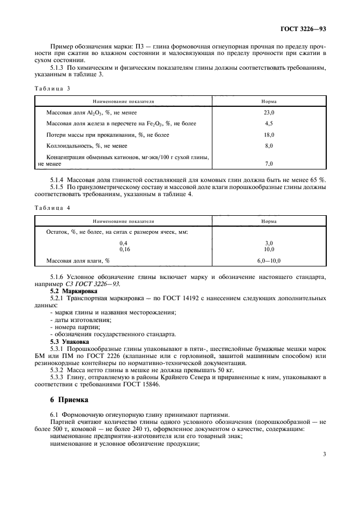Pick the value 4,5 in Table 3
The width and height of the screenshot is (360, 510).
point(269,123)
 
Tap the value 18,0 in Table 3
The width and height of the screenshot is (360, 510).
point(269,135)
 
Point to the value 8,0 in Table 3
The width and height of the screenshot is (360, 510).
point(269,146)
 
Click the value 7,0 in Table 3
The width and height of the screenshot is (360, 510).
point(269,163)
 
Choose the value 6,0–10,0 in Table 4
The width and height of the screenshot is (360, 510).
point(269,260)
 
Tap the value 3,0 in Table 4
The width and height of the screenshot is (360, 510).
point(269,243)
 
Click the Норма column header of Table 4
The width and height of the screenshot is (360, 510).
point(269,221)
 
